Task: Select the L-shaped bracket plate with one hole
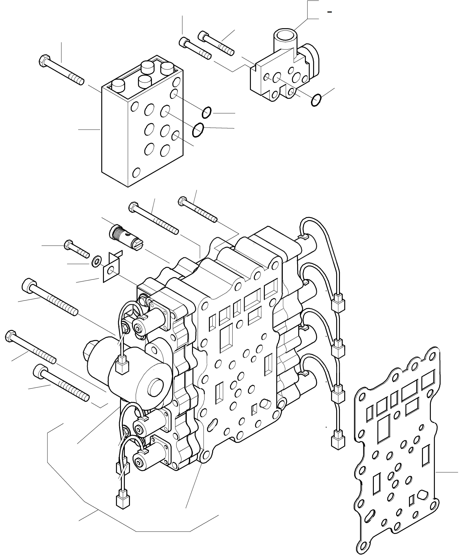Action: [x=111, y=269]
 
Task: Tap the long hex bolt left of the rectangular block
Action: [x=61, y=70]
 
